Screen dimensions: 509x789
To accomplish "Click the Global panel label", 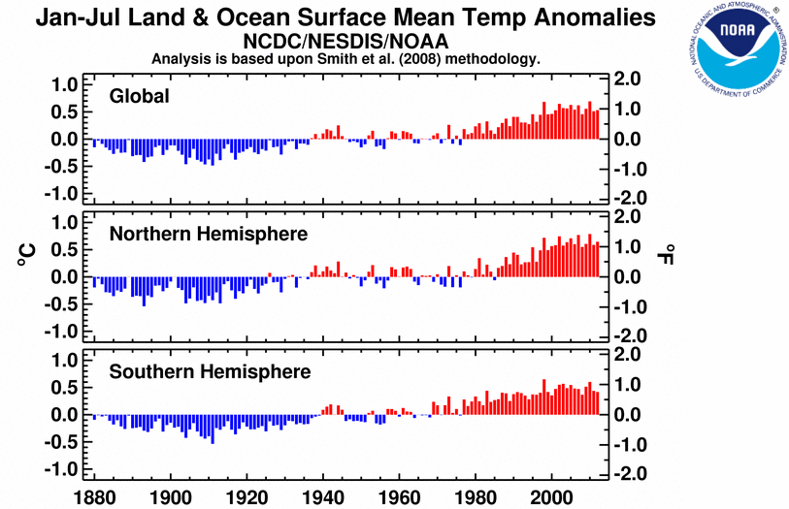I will pyautogui.click(x=140, y=96).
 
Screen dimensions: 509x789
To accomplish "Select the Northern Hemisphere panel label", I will pyautogui.click(x=209, y=234).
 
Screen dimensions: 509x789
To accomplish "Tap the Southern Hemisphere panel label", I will pyautogui.click(x=210, y=372).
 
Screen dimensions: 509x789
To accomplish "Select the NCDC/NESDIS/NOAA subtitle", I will pyautogui.click(x=346, y=42).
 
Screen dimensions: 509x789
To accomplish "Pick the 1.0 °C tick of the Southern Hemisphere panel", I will pyautogui.click(x=63, y=361).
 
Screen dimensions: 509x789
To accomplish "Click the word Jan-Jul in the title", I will pyautogui.click(x=74, y=19).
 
